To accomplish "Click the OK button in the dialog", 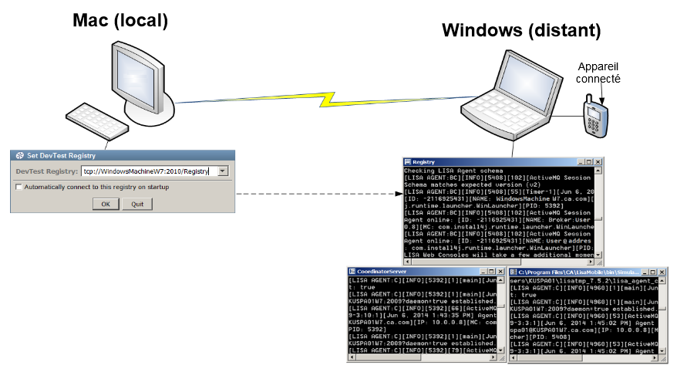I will pyautogui.click(x=106, y=204).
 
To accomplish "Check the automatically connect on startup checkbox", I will pyautogui.click(x=19, y=187).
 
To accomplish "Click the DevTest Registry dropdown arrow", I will pyautogui.click(x=223, y=171).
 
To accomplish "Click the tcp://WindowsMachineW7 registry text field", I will pyautogui.click(x=146, y=171).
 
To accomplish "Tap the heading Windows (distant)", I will pyautogui.click(x=520, y=31).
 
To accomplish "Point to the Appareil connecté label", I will pyautogui.click(x=598, y=73).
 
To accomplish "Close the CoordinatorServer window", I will pyautogui.click(x=500, y=272).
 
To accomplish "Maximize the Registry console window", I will pyautogui.click(x=588, y=161).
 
